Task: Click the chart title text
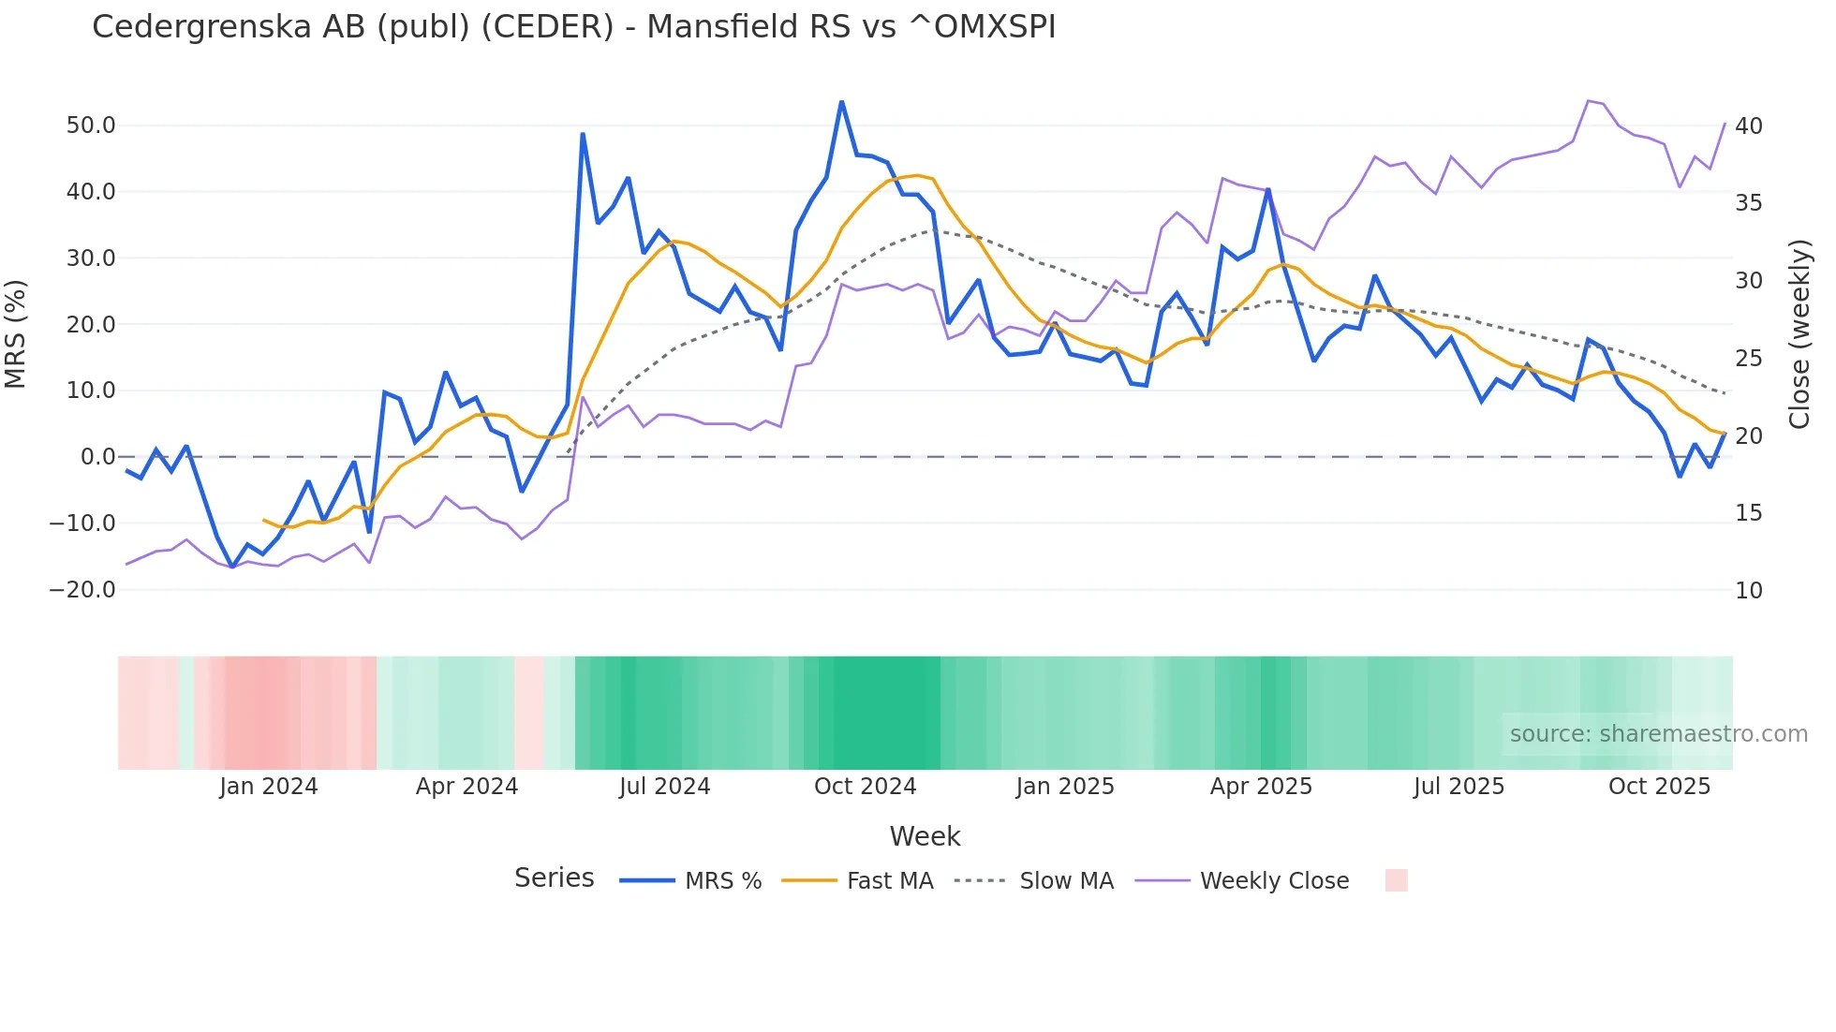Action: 573,27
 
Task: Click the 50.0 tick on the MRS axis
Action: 90,125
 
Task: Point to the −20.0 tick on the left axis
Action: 82,590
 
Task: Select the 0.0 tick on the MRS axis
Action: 97,457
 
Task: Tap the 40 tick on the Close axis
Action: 1748,125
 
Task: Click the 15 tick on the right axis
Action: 1748,513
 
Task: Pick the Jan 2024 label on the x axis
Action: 269,787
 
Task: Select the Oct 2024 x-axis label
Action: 865,787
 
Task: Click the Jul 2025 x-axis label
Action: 1458,787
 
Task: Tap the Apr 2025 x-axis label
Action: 1261,787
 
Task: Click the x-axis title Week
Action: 925,836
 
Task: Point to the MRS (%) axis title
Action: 16,333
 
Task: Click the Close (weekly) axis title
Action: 1799,333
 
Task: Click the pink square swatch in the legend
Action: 1396,880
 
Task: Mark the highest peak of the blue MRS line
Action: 841,102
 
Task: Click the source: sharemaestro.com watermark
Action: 1658,734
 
